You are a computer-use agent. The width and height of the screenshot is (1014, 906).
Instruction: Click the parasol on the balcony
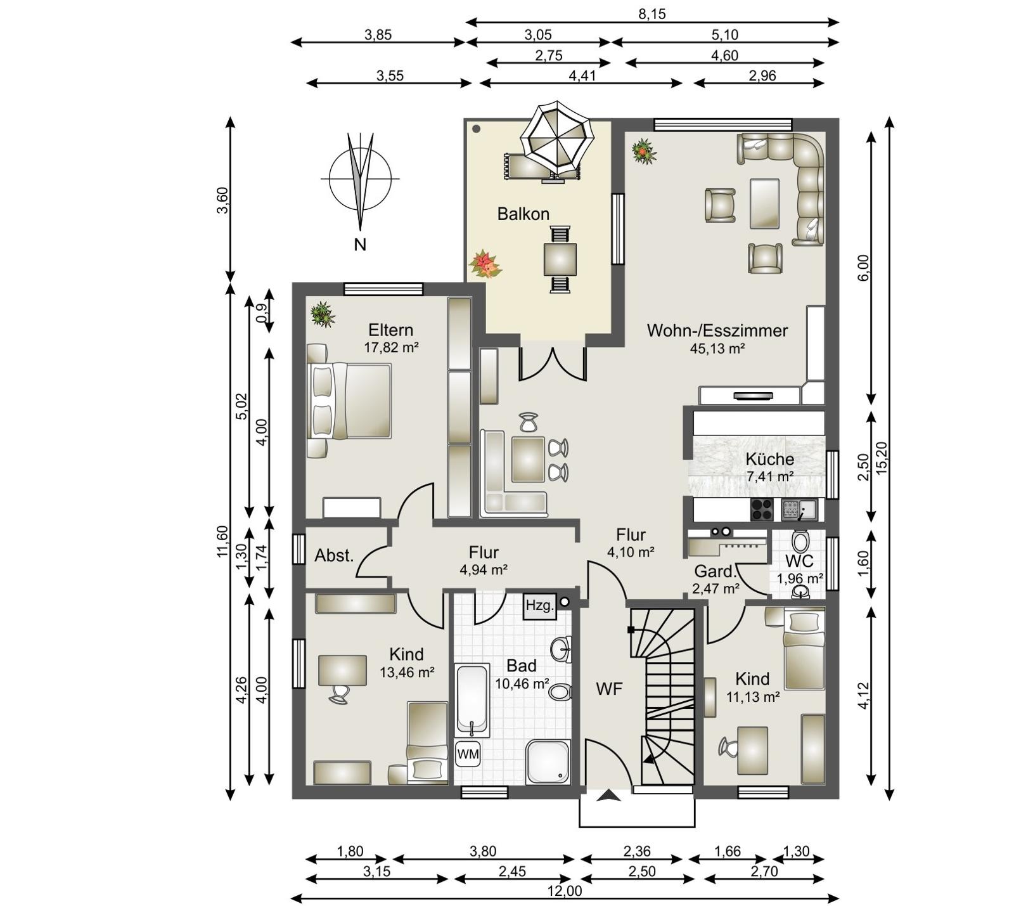(x=556, y=136)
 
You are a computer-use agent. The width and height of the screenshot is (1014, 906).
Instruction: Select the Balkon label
(x=523, y=214)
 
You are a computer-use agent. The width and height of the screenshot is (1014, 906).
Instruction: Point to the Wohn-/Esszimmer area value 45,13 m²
(x=717, y=348)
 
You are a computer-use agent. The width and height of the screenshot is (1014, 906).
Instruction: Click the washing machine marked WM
(x=468, y=754)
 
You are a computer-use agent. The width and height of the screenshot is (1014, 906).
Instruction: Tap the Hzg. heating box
(x=540, y=605)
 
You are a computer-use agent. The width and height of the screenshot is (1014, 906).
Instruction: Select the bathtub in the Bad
(x=472, y=700)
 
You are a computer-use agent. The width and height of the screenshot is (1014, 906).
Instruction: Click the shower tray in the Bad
(x=548, y=762)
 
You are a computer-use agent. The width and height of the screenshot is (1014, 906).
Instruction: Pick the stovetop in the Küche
(x=762, y=510)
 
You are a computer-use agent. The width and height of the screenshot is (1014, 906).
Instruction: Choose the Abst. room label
(x=334, y=556)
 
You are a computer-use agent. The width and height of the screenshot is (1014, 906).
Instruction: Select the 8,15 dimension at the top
(x=652, y=14)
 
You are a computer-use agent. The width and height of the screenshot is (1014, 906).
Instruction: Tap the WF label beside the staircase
(x=609, y=689)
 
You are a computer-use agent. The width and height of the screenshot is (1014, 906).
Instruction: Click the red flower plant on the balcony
(x=485, y=265)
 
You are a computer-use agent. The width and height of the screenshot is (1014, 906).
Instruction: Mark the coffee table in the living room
(x=764, y=203)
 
